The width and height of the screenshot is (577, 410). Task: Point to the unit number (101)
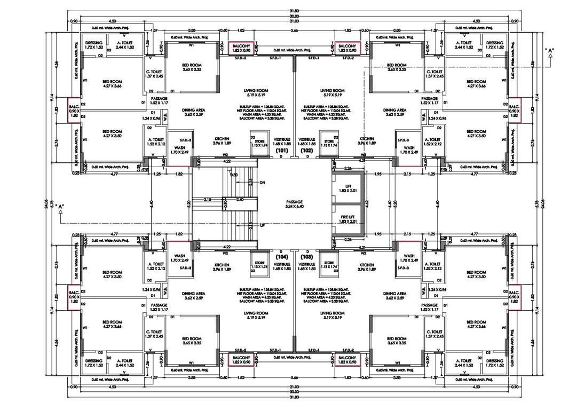pyautogui.click(x=282, y=151)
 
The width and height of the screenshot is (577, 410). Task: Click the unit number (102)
pyautogui.click(x=306, y=151)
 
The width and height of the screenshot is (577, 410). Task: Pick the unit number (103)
pyautogui.click(x=306, y=257)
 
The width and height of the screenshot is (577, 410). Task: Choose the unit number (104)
pyautogui.click(x=282, y=257)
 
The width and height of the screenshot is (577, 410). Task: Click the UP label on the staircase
pyautogui.click(x=262, y=225)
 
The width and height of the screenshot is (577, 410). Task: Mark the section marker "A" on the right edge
pyautogui.click(x=549, y=51)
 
